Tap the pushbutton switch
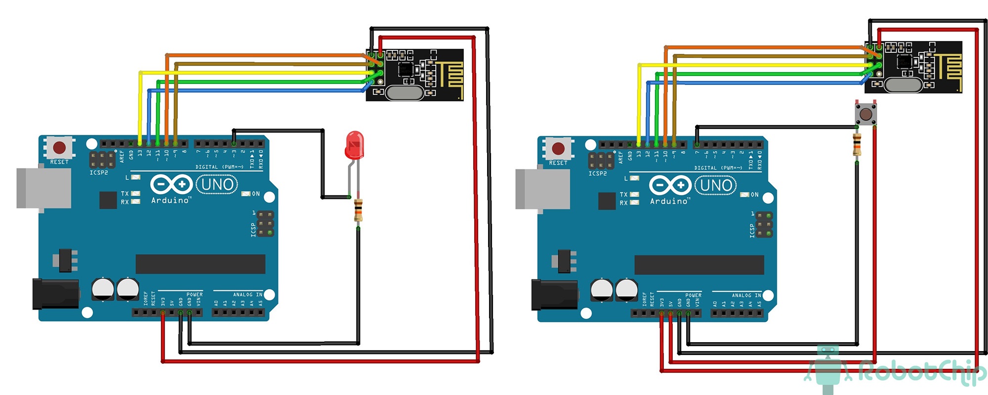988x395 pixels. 865,114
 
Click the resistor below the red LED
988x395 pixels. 359,210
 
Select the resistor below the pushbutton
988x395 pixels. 857,145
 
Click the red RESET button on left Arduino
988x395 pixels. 59,148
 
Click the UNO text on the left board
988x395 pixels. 217,185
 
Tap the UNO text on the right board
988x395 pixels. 716,186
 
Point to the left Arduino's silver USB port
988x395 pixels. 43,188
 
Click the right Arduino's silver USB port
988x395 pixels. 542,189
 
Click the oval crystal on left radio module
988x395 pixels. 405,92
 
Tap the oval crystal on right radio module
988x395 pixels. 903,85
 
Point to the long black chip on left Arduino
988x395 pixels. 200,264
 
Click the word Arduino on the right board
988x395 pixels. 669,201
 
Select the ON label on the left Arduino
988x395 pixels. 255,194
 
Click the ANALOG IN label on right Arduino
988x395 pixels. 746,295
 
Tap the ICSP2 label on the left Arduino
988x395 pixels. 99,173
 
